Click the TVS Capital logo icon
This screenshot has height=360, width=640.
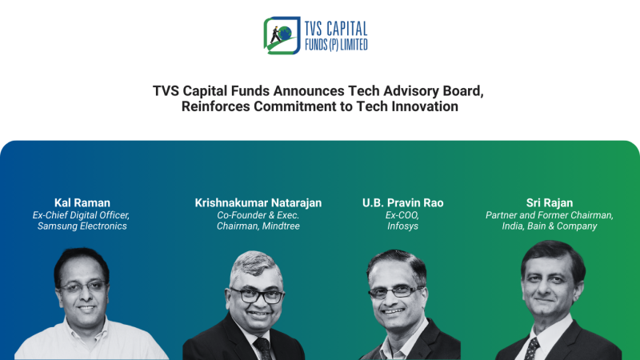(281, 35)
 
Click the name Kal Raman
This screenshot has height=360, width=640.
(82, 202)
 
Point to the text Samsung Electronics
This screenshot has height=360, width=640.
(82, 226)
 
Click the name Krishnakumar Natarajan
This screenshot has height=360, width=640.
(258, 202)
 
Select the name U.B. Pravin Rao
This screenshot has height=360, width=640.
(402, 202)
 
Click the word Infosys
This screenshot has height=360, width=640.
(402, 226)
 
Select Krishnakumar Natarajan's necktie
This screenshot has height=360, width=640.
(262, 348)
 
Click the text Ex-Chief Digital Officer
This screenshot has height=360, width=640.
(82, 214)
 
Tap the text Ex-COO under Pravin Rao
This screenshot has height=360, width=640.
(402, 214)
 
